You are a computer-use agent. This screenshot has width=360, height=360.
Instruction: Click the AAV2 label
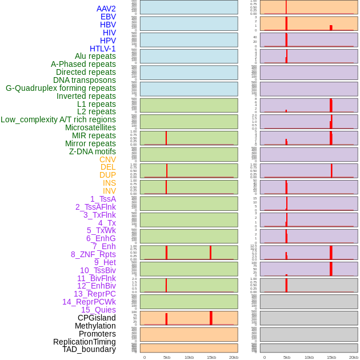[x=106, y=9]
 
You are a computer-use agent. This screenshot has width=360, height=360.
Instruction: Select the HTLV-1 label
[x=102, y=49]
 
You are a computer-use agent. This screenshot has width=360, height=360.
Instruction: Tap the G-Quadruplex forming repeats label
[x=61, y=88]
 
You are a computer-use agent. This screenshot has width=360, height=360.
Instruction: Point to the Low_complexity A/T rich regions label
[x=58, y=119]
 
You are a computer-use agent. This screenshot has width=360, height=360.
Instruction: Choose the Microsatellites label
[x=90, y=127]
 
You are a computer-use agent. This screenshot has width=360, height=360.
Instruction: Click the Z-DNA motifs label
[x=92, y=151]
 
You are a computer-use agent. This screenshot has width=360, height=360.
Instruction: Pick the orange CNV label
[x=107, y=159]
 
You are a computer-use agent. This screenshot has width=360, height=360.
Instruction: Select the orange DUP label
[x=107, y=175]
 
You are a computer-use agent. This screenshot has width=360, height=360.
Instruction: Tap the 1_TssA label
[x=103, y=199]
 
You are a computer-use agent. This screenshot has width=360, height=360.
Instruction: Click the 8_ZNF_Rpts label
[x=93, y=254]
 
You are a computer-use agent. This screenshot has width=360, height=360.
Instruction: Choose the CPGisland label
[x=97, y=318]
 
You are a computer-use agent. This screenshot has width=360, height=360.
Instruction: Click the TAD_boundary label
[x=89, y=349]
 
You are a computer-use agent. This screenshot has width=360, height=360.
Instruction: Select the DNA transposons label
[x=84, y=80]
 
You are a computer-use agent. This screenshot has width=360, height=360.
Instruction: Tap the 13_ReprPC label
[x=94, y=294]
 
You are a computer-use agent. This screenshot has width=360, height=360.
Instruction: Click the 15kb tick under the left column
[x=211, y=357]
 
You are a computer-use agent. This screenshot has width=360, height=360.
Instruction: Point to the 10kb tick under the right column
[x=309, y=357]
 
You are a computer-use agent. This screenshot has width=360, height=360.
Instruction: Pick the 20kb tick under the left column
[x=233, y=357]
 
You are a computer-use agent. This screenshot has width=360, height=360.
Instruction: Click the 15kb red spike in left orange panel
[x=211, y=318]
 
